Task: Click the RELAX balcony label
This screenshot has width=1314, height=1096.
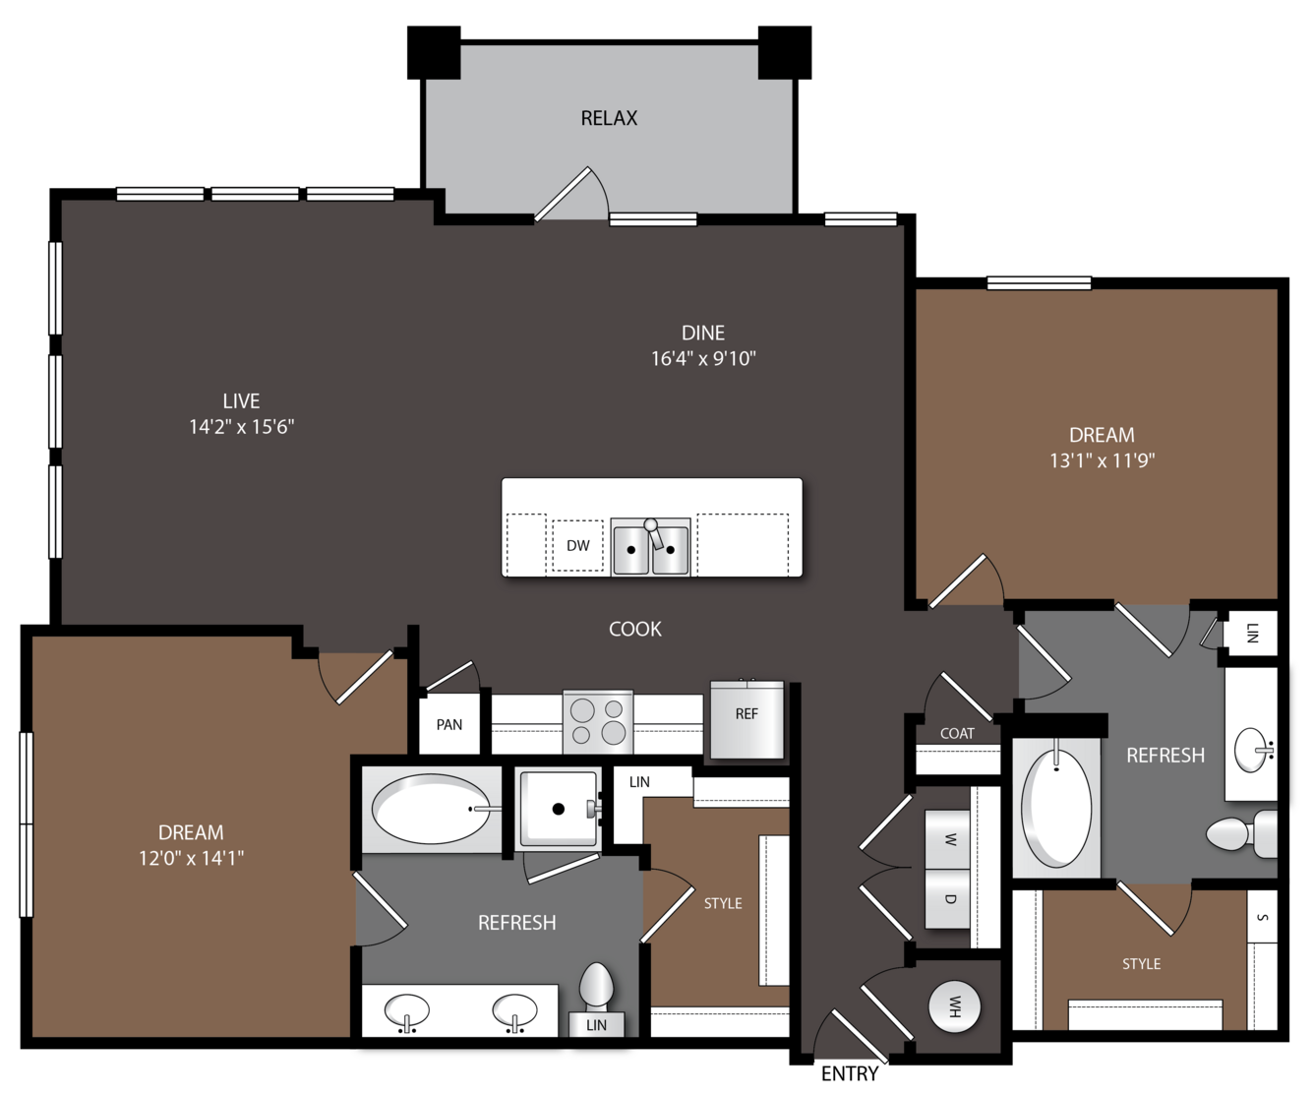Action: click(x=609, y=118)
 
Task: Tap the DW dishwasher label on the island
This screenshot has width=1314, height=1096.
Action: click(x=577, y=545)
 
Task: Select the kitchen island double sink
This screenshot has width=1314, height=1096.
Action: click(x=651, y=546)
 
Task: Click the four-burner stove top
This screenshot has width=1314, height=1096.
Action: click(x=597, y=721)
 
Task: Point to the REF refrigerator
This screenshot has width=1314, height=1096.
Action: click(x=747, y=719)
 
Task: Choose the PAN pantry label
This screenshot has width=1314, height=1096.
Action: click(x=449, y=724)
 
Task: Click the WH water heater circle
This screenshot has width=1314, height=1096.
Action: click(x=954, y=1006)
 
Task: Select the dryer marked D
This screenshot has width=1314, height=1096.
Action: click(x=947, y=899)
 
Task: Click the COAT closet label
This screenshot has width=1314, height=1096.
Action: click(x=957, y=733)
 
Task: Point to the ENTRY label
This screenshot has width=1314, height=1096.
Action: click(x=850, y=1073)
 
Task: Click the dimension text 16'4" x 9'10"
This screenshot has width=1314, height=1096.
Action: click(x=703, y=359)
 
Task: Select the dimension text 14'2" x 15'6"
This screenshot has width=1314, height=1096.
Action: click(x=242, y=427)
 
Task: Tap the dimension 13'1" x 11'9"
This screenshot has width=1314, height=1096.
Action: click(x=1102, y=460)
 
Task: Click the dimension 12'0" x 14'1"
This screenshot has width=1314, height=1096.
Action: click(x=191, y=858)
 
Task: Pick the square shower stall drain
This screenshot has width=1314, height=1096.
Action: click(x=559, y=809)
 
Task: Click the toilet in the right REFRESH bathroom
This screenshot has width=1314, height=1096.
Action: click(x=1241, y=834)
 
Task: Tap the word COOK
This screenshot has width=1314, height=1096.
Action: click(x=635, y=629)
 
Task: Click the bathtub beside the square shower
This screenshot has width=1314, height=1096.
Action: click(x=432, y=809)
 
